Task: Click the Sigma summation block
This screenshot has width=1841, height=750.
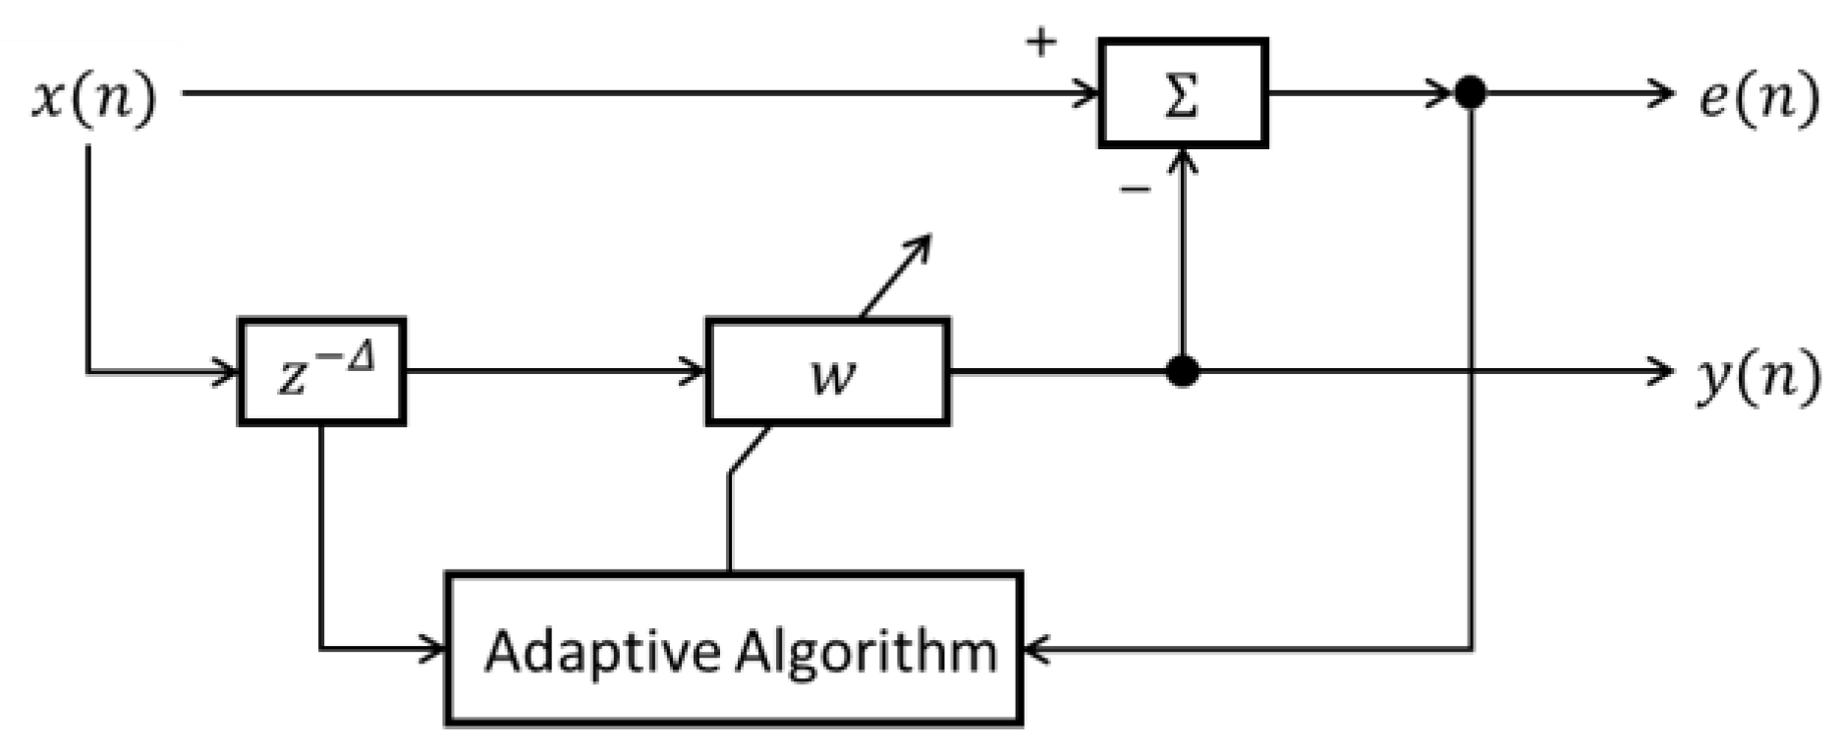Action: (x=1183, y=94)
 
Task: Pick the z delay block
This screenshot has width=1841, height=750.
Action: (x=322, y=372)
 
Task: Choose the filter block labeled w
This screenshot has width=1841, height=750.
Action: (x=827, y=372)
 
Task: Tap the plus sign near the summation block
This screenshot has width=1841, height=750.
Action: (x=1040, y=42)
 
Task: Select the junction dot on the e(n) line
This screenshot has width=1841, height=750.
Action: (x=1470, y=94)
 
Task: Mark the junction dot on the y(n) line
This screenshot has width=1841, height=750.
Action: (x=1183, y=372)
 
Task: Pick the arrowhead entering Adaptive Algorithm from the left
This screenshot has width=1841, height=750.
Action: (x=438, y=649)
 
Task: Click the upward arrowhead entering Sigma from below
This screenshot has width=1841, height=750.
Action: (x=1184, y=157)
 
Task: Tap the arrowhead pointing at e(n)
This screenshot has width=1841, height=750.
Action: (x=1664, y=94)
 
